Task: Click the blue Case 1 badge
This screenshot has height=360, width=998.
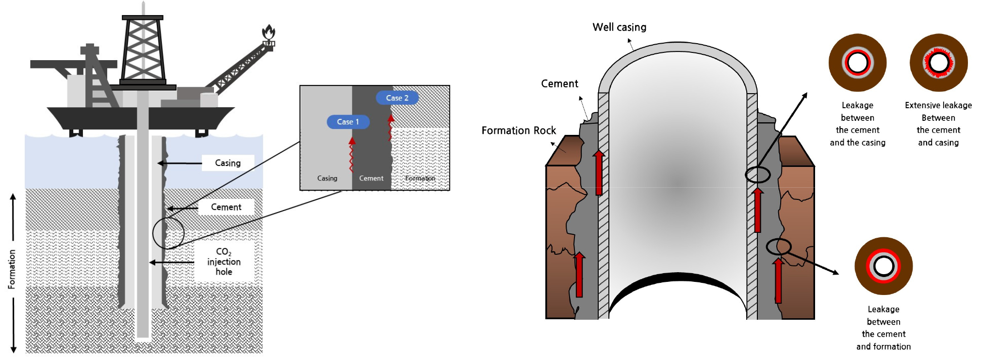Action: click(x=348, y=122)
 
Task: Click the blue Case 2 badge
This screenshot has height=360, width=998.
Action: click(x=397, y=98)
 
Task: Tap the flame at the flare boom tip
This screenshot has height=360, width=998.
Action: click(x=268, y=33)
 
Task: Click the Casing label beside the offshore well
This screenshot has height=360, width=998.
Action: click(x=228, y=163)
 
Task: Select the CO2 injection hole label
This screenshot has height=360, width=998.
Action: click(x=224, y=262)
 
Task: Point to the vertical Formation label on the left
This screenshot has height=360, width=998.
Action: click(x=12, y=269)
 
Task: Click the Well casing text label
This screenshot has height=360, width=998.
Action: click(x=619, y=27)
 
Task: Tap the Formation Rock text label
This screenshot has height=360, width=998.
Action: click(x=518, y=131)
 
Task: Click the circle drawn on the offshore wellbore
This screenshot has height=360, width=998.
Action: click(x=168, y=233)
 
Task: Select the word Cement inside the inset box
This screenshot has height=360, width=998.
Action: click(x=371, y=179)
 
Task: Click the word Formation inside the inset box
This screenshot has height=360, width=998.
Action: click(x=420, y=179)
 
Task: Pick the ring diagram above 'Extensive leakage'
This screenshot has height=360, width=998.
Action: click(x=938, y=63)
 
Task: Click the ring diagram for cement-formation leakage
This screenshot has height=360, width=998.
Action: click(x=883, y=266)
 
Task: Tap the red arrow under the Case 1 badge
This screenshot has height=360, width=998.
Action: click(x=352, y=155)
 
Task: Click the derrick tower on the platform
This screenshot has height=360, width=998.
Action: click(x=143, y=49)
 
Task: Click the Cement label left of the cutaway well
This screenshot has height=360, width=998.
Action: click(x=559, y=84)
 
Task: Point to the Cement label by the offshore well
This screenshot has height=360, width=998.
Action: click(x=226, y=207)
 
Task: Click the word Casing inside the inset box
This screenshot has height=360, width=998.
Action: click(x=327, y=179)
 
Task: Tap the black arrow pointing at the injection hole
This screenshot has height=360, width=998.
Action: click(x=172, y=262)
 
